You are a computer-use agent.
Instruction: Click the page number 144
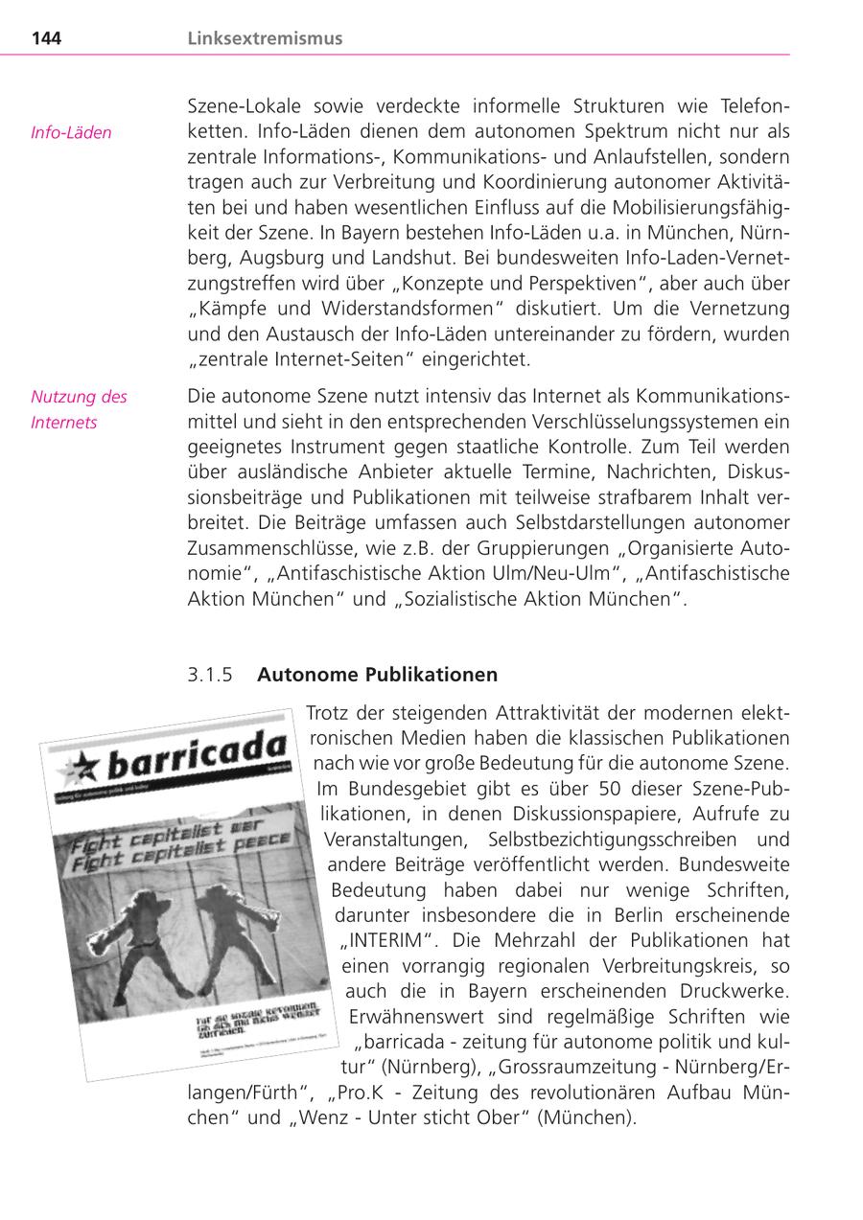tap(47, 39)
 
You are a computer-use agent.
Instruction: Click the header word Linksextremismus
tap(265, 39)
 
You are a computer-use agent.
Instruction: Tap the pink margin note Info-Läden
tap(71, 132)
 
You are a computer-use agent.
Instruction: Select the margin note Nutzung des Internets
tap(79, 409)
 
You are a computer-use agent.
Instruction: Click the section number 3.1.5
tap(210, 675)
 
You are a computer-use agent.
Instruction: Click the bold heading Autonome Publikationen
tap(377, 675)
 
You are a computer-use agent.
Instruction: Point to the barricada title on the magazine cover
tap(196, 755)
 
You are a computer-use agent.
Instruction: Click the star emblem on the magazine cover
tap(80, 767)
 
